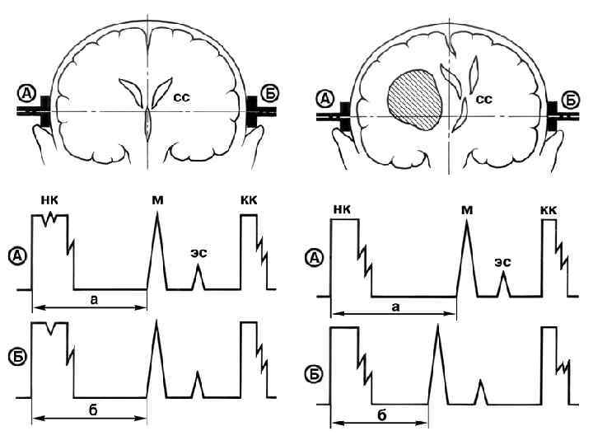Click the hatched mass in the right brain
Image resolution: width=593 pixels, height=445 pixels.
click(413, 101)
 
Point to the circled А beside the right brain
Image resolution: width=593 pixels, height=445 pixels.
click(326, 99)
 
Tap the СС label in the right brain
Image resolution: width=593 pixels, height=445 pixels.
click(485, 100)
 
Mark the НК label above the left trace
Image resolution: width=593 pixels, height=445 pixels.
click(49, 199)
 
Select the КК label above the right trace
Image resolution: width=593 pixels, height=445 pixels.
click(549, 211)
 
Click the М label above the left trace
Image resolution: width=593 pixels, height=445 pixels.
click(156, 199)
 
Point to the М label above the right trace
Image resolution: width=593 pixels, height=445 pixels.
click(467, 211)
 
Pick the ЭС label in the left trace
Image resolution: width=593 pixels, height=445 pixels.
click(198, 254)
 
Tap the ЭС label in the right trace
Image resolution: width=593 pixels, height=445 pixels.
click(503, 261)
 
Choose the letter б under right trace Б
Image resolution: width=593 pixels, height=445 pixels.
click(381, 415)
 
